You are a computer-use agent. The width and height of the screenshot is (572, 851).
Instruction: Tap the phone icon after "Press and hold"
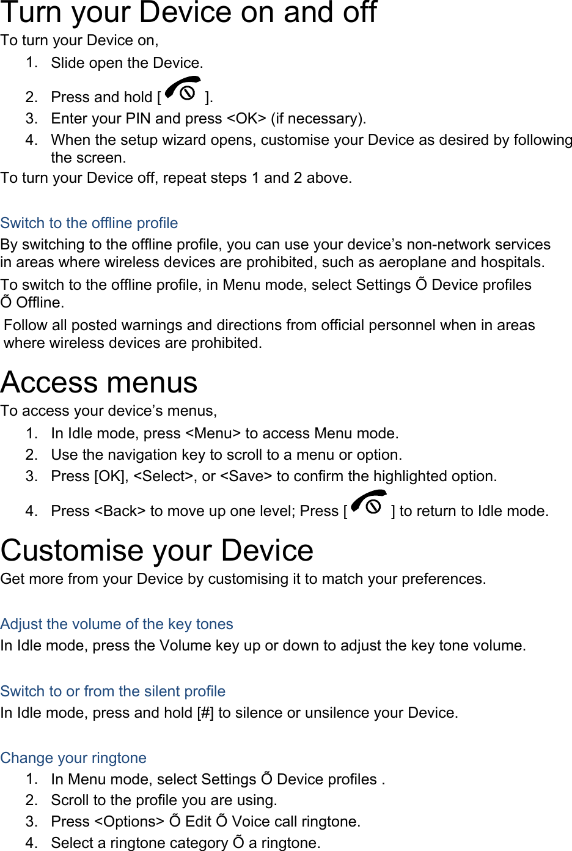click(183, 90)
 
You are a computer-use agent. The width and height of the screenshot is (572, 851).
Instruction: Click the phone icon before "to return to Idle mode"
click(369, 504)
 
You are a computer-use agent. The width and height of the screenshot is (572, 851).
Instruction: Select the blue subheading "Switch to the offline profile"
click(89, 223)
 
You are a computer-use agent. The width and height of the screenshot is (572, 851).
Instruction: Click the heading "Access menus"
click(99, 383)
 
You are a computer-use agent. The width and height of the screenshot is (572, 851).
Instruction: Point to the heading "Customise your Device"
click(157, 550)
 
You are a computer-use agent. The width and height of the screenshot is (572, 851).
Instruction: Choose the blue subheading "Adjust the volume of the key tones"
click(117, 624)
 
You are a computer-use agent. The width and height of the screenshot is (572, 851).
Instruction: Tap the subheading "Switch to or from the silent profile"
click(113, 691)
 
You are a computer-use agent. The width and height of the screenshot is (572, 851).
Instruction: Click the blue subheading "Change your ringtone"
click(73, 758)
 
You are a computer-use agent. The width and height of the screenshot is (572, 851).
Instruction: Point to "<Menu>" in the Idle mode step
click(213, 433)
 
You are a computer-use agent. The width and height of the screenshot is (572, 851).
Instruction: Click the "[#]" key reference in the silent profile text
click(205, 713)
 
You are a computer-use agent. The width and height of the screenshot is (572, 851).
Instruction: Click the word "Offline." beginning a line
click(40, 303)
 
